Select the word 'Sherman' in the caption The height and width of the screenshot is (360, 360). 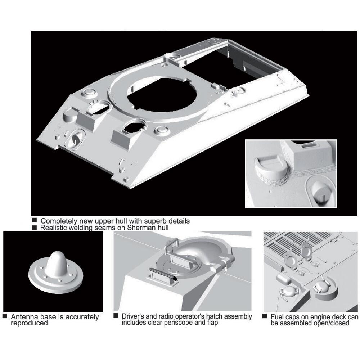140,228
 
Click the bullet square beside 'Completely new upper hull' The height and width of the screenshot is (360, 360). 35,220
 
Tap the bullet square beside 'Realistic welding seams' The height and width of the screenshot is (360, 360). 35,228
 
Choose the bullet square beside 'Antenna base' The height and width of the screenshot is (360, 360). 5,316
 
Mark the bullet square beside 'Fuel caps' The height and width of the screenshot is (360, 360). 265,316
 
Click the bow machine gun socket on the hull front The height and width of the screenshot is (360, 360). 75,139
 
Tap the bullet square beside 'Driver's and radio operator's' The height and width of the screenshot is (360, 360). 116,316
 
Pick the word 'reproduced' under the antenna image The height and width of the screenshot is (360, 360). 29,323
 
